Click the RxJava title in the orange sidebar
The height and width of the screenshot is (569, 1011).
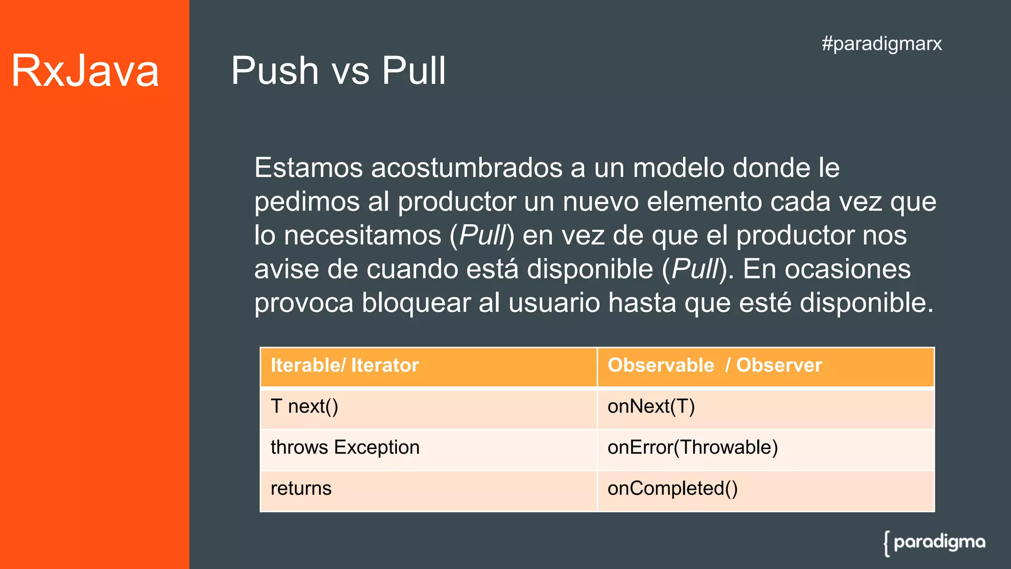click(x=85, y=71)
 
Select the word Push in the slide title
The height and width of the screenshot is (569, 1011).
click(x=275, y=71)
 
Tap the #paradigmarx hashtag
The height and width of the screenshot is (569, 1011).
click(x=882, y=43)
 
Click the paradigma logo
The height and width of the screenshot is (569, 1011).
click(x=934, y=543)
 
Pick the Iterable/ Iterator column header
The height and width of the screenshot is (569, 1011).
click(x=345, y=366)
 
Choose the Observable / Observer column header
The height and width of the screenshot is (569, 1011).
click(x=714, y=366)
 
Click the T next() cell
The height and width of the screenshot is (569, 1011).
click(x=304, y=406)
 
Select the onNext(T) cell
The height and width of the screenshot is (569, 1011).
click(x=651, y=406)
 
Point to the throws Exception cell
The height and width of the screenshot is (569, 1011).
click(x=345, y=447)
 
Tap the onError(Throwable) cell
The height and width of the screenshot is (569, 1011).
click(x=692, y=447)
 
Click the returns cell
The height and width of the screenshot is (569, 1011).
click(x=301, y=488)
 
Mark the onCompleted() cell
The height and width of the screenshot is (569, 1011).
click(x=672, y=488)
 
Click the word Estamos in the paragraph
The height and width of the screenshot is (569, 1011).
click(x=309, y=168)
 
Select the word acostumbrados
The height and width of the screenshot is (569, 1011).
click(x=467, y=168)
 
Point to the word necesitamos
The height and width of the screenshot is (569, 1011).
click(x=362, y=235)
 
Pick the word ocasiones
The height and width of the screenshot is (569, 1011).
click(x=848, y=269)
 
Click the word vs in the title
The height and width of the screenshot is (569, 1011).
click(x=350, y=71)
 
